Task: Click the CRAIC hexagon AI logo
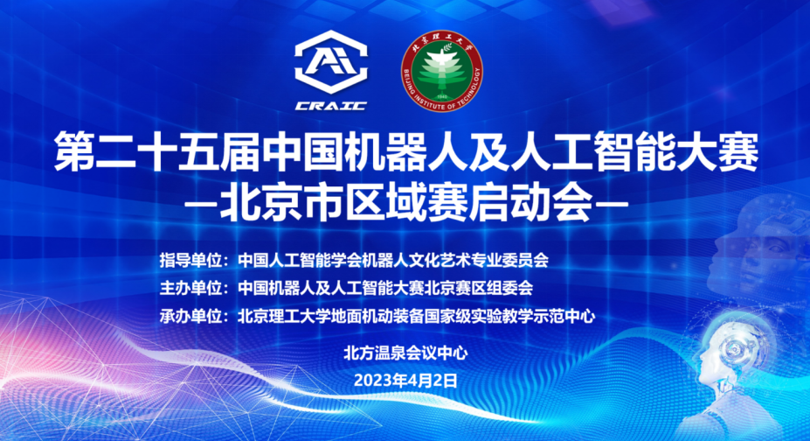pyautogui.click(x=331, y=62)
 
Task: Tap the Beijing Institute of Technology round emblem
pyautogui.click(x=441, y=72)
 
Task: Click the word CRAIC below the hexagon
pyautogui.click(x=331, y=106)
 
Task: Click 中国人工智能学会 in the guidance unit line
pyautogui.click(x=300, y=260)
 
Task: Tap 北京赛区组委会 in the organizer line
pyautogui.click(x=478, y=288)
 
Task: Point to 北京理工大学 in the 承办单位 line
pyautogui.click(x=284, y=316)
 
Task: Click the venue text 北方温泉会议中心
pyautogui.click(x=405, y=353)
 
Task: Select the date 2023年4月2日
pyautogui.click(x=405, y=381)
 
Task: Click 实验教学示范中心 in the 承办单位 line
pyautogui.click(x=533, y=316)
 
